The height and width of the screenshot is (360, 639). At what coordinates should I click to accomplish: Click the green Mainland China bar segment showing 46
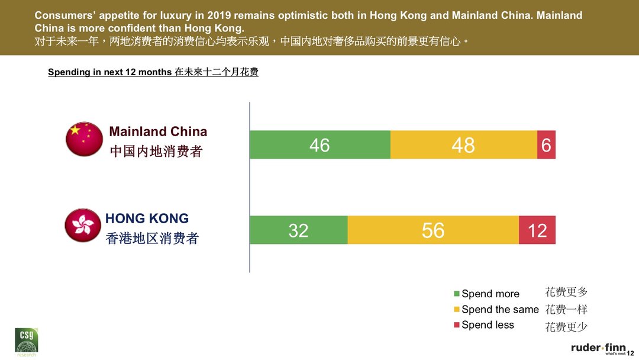tap(319, 144)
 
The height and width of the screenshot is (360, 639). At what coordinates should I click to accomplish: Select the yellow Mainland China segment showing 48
tap(463, 144)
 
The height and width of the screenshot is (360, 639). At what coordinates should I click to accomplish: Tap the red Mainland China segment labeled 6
tap(546, 144)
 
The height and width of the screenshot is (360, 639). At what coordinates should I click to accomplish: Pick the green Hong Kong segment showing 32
tap(298, 230)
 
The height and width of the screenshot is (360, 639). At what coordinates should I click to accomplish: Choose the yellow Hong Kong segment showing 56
tap(433, 230)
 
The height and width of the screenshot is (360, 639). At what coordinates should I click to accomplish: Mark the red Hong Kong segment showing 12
tap(537, 230)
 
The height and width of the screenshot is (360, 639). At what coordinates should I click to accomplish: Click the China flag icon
tap(84, 139)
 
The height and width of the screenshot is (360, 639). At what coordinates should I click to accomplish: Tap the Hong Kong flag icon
tap(83, 225)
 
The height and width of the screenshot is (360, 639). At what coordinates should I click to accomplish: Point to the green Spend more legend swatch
tap(456, 294)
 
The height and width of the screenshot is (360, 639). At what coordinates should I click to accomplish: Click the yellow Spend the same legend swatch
tap(456, 309)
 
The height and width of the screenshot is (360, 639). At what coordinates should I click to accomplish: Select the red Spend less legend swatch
tap(456, 324)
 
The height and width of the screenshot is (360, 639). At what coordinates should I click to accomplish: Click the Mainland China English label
tap(158, 131)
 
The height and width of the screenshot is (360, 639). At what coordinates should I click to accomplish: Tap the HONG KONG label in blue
tap(147, 218)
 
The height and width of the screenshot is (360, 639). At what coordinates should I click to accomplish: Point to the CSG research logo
tap(26, 342)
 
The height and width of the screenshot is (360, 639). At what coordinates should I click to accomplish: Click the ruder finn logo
tap(598, 348)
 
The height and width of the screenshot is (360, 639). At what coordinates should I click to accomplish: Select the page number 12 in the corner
tap(630, 353)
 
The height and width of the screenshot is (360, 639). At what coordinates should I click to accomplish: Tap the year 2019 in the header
tap(220, 15)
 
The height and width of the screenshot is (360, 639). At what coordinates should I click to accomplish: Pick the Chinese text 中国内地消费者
tap(156, 152)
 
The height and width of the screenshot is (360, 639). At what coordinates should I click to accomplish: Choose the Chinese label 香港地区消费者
tap(152, 239)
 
